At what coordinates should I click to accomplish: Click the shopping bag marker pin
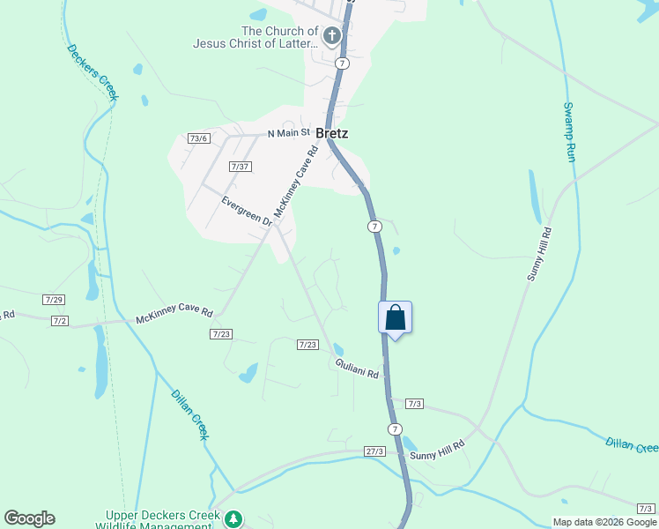[396, 317]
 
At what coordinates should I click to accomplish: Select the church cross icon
[332, 36]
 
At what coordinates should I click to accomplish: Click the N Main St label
[290, 133]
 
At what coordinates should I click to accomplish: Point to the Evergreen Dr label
[247, 211]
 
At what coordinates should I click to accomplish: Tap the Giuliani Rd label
[357, 369]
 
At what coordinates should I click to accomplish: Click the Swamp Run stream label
[569, 131]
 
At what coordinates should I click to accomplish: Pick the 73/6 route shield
[198, 138]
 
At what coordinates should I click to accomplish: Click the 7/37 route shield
[240, 167]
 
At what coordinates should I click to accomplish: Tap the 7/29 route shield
[54, 301]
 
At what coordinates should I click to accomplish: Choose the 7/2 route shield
[60, 320]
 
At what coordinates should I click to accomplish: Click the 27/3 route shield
[375, 451]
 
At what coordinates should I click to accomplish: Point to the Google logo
[29, 518]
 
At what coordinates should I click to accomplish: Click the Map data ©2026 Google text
[603, 522]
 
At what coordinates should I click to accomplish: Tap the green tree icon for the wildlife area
[233, 518]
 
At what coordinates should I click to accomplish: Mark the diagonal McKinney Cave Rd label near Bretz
[295, 183]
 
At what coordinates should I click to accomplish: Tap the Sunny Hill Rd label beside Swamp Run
[539, 254]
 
